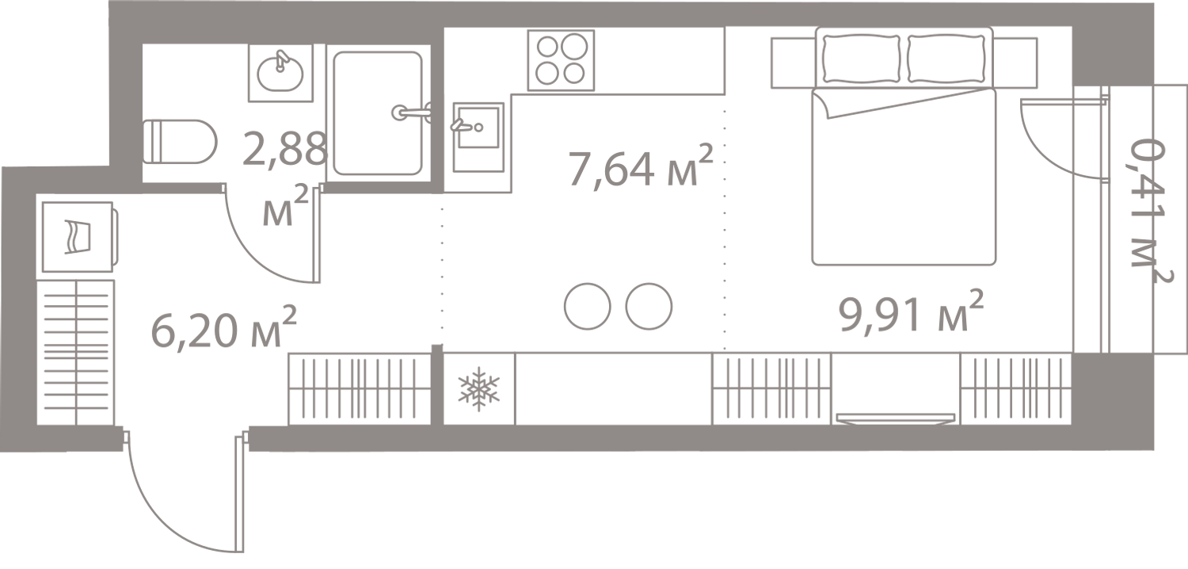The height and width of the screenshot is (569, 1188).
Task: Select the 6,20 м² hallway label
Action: [x=223, y=326]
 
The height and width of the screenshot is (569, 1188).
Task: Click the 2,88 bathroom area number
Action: [x=285, y=149]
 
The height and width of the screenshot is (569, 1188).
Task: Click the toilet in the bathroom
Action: [x=181, y=141]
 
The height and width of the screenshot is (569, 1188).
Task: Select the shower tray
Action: [x=378, y=113]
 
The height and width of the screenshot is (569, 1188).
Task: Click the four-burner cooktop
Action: [x=561, y=60]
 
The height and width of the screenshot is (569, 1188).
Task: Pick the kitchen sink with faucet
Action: [x=478, y=137]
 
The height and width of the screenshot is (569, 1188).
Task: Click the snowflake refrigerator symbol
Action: [x=479, y=388]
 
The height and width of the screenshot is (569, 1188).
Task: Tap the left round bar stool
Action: [x=588, y=306]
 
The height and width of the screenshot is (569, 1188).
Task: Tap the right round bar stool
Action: [x=649, y=306]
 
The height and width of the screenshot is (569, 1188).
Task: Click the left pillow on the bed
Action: [x=861, y=59]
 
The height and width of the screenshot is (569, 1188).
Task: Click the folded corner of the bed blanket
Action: [x=821, y=103]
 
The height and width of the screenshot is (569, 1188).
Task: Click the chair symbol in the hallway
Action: [x=78, y=237]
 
